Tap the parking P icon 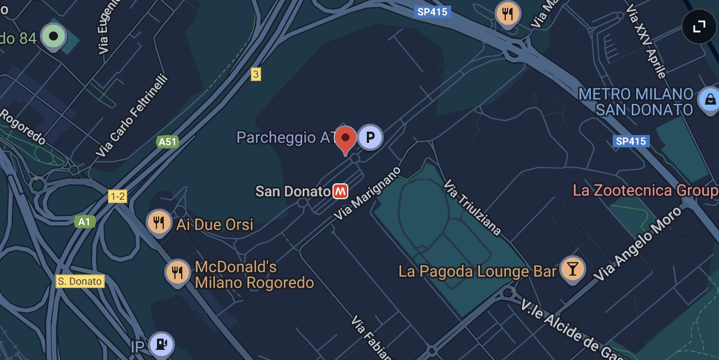(370, 137)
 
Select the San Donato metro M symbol (340, 191)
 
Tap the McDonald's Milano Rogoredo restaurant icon (178, 273)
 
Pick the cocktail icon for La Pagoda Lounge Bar (573, 269)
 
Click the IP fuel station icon (161, 344)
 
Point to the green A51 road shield (168, 142)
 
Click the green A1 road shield (84, 222)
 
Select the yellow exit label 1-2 (118, 196)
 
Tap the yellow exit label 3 (256, 74)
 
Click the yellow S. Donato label (80, 281)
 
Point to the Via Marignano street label (368, 193)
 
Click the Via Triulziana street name (472, 207)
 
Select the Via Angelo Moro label (637, 243)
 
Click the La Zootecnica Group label (645, 191)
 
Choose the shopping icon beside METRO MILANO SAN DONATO (709, 100)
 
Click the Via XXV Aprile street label (646, 43)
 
